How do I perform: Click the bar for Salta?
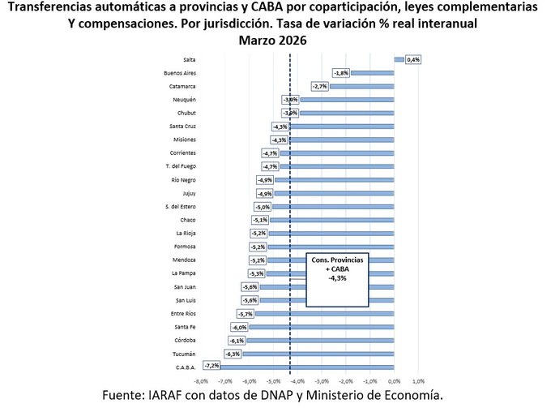point(399,59)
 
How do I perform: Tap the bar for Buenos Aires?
point(373,73)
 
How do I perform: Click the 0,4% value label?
point(413,59)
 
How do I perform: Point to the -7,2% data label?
point(211,367)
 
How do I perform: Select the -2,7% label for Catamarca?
point(319,86)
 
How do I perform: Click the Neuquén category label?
point(184,100)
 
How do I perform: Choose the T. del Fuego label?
point(179,166)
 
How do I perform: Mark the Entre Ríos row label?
point(182,313)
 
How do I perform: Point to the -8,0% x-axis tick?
point(202,380)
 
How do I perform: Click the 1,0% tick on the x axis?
point(418,380)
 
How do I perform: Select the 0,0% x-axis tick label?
point(394,380)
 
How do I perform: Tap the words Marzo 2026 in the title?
point(275,39)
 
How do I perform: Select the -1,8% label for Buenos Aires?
point(341,73)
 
